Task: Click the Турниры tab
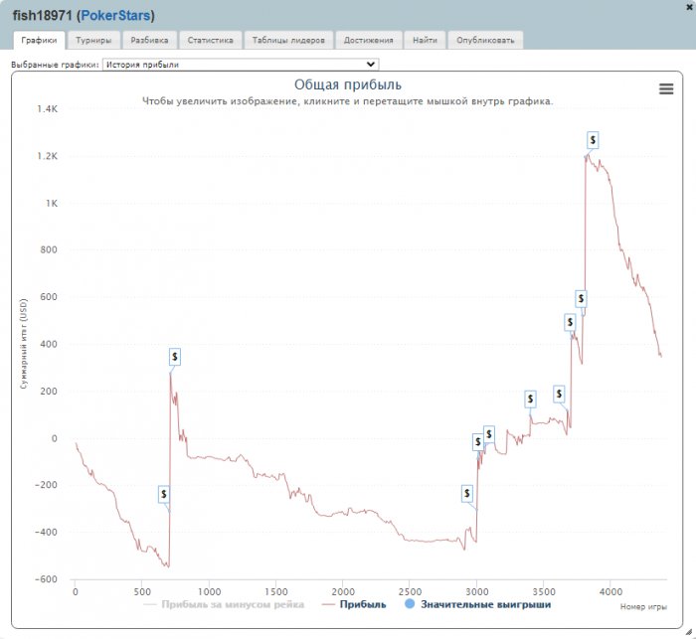point(93,41)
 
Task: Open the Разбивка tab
point(149,41)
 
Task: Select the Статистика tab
point(210,41)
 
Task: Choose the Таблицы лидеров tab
point(287,41)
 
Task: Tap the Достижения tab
point(370,41)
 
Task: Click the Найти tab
point(425,41)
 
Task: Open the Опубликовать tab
point(485,41)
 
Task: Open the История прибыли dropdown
point(240,65)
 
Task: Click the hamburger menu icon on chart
point(666,88)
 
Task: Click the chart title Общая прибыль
point(348,85)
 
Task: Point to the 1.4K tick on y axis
point(48,109)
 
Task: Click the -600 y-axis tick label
point(46,579)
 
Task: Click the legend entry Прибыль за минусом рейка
point(232,603)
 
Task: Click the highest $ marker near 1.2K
point(593,140)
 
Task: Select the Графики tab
point(39,41)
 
